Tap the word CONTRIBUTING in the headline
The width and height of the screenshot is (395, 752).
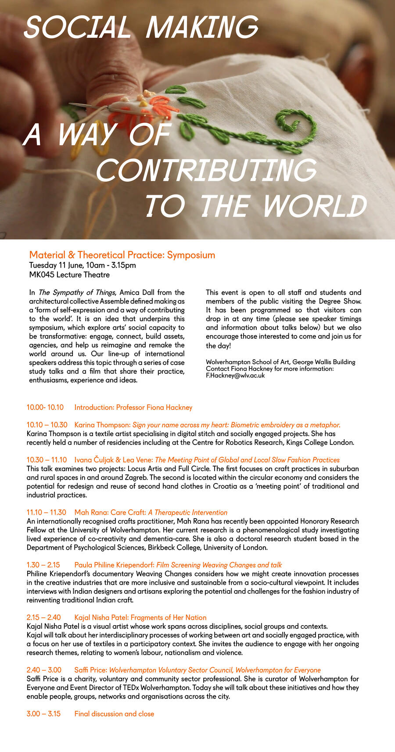click(x=206, y=170)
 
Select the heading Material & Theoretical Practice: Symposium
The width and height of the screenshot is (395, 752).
click(x=122, y=255)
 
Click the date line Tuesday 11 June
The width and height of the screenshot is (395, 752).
click(x=82, y=265)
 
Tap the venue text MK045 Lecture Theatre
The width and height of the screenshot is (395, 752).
click(x=69, y=275)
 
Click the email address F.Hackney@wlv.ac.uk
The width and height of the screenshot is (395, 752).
click(x=235, y=376)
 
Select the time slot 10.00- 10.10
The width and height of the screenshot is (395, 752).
click(x=45, y=407)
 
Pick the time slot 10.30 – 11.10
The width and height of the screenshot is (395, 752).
click(x=47, y=460)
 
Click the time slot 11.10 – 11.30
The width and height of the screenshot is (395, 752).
click(x=46, y=512)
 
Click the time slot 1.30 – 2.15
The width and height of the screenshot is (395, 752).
click(x=43, y=565)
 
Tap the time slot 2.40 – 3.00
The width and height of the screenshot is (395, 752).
click(x=44, y=670)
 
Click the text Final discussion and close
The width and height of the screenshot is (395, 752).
click(x=114, y=714)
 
